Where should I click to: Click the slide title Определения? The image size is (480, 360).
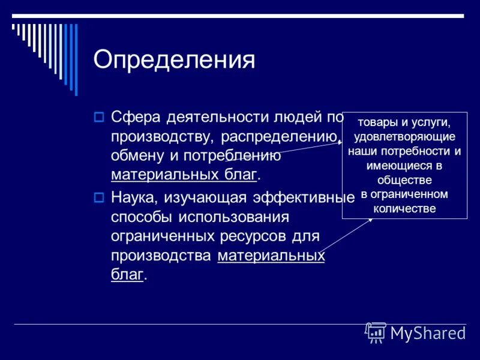click(174, 61)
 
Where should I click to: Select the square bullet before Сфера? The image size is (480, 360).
click(100, 117)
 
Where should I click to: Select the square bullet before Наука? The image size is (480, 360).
click(100, 197)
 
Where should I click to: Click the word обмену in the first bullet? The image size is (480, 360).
click(137, 156)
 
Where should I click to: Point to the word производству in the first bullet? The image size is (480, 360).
click(160, 136)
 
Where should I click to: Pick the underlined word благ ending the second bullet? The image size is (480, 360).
click(127, 275)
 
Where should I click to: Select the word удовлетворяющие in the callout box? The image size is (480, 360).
click(405, 136)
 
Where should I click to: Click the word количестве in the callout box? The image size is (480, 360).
click(405, 209)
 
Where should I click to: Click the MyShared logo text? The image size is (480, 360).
click(427, 333)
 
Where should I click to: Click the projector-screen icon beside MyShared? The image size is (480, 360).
click(376, 332)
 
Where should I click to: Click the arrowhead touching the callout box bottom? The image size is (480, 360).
click(371, 220)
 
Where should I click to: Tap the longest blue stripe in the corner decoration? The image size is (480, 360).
click(76, 59)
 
